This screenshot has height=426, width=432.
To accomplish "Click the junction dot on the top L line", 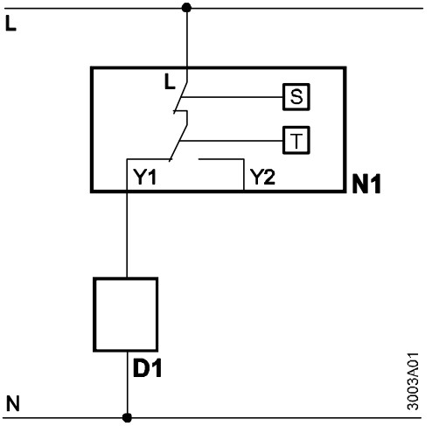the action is tap(186, 8).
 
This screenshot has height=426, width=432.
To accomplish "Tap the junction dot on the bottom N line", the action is tap(127, 417).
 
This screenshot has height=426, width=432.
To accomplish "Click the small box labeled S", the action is tap(296, 97).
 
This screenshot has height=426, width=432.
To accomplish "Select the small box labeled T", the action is tap(296, 140).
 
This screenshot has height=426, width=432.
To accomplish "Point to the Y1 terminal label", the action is tap(145, 177).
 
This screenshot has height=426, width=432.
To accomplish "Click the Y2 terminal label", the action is tap(263, 177).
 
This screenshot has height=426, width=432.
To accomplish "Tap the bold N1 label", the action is tap(366, 184).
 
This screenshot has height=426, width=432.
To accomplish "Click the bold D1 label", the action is tap(147, 368).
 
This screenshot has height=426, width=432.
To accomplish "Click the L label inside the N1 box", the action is tap(170, 81).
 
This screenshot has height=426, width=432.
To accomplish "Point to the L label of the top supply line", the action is tap(10, 23).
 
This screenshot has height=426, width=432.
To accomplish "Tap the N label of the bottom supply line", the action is tap(13, 403).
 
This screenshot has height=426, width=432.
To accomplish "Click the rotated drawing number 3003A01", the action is tap(413, 381).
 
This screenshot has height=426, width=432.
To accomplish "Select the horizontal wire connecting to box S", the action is tap(232, 97).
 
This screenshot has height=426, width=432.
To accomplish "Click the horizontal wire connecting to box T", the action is tap(232, 141).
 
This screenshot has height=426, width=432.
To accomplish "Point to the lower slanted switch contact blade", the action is tap(178, 143).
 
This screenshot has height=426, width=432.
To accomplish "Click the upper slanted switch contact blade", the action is tap(180, 97).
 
